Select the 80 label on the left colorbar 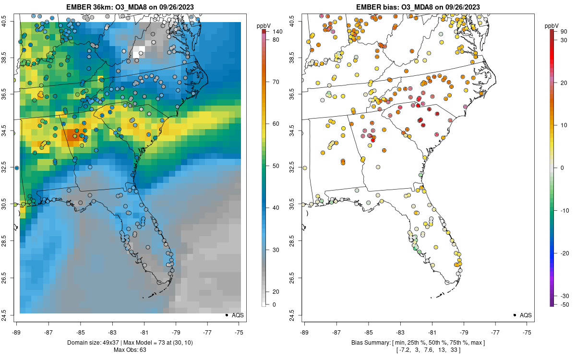(x=276, y=40)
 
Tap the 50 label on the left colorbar (x=276, y=166)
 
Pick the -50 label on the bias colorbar (x=564, y=304)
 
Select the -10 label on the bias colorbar (x=564, y=210)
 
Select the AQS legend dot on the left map (x=226, y=315)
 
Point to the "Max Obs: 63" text (x=130, y=349)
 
